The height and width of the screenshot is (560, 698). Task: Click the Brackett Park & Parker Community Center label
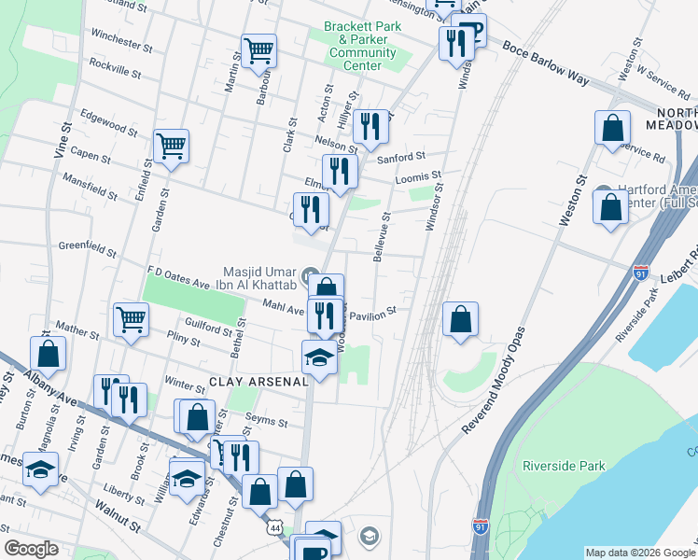pos(362,46)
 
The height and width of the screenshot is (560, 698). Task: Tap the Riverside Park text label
pos(564,466)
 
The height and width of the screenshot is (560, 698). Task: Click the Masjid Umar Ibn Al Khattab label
pos(261,277)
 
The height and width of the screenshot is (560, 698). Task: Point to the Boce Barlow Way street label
pos(546,63)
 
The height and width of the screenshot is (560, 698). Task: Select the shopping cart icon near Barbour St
pos(258,49)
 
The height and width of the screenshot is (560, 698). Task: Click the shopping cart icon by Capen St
pos(171,145)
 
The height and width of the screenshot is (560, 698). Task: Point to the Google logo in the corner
pos(31,549)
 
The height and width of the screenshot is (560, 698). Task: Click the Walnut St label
pos(117,517)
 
